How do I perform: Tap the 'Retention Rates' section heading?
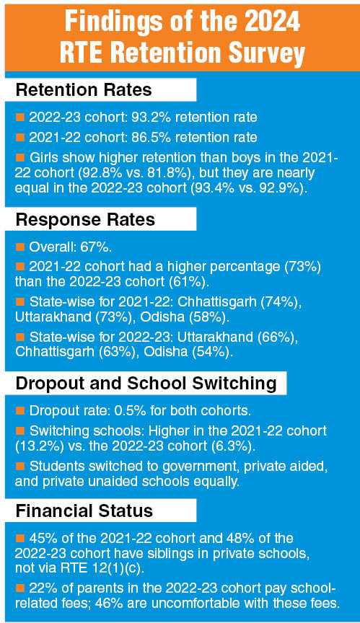tap(84, 90)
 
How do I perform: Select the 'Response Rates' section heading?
tap(85, 219)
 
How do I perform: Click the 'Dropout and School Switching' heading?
tap(146, 384)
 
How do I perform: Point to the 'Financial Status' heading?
tap(84, 511)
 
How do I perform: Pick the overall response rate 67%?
tap(97, 247)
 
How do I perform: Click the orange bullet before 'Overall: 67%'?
tap(20, 247)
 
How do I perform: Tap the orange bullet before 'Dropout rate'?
tap(20, 410)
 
